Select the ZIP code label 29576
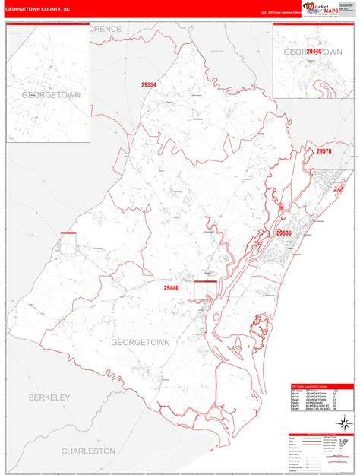coord(324,152)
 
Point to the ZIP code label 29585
coord(284,233)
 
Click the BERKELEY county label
coord(49,397)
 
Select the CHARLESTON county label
coord(87,451)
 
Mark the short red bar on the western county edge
coord(68,233)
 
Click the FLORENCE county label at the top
coord(103,28)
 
